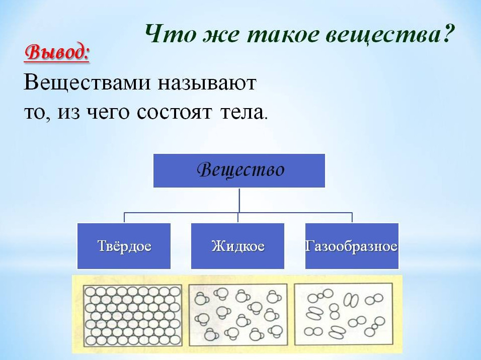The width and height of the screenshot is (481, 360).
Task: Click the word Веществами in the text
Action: [87, 83]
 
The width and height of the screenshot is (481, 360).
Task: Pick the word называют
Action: [207, 83]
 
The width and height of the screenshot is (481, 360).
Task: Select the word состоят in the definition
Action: [174, 113]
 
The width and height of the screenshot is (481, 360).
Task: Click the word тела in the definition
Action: [243, 113]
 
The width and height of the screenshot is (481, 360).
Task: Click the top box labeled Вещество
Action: [239, 170]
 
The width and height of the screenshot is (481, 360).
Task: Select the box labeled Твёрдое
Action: [124, 246]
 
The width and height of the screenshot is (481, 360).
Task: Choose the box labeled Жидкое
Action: [238, 246]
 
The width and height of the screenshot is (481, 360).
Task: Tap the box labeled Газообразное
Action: [352, 246]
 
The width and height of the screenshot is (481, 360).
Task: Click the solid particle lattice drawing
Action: [132, 316]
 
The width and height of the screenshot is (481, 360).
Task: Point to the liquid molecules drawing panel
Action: [238, 315]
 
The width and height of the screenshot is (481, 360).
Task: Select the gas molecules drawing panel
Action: [344, 314]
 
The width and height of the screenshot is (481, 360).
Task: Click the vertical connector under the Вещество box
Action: [239, 200]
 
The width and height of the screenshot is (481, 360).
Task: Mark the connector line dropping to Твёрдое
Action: [124, 217]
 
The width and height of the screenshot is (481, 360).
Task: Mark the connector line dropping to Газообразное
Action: [352, 217]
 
